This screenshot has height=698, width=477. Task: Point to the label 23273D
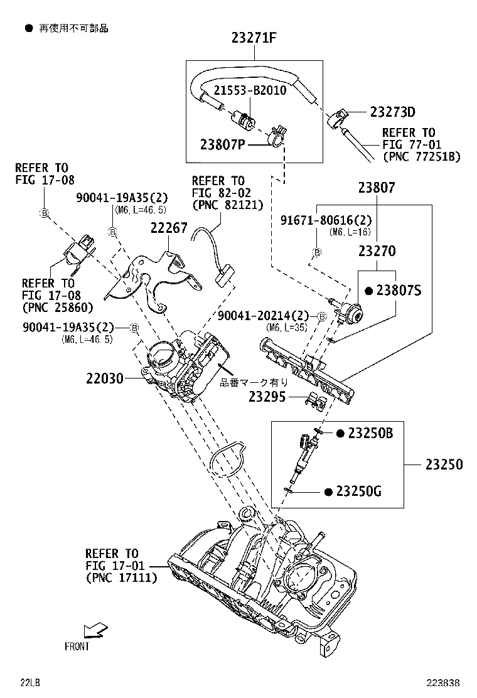392,112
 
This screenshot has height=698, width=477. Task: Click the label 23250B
370,433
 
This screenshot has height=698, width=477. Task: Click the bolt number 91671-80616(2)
326,220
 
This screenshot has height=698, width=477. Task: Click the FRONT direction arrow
95,630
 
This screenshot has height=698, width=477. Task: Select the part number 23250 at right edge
444,464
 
